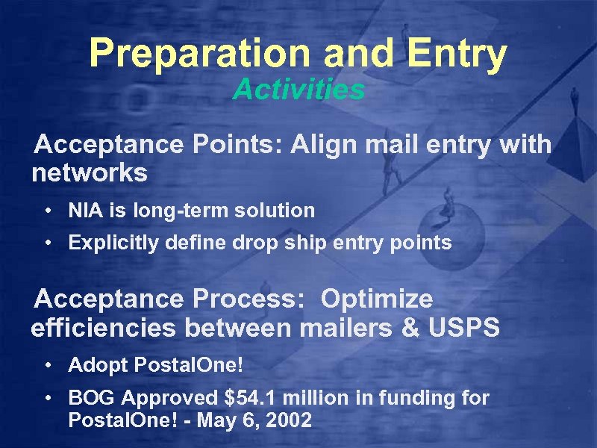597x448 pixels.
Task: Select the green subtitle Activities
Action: pyautogui.click(x=298, y=90)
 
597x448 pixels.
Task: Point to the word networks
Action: pyautogui.click(x=90, y=174)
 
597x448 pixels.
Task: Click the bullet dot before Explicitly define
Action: pyautogui.click(x=47, y=243)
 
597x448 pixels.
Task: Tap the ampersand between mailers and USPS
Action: pyautogui.click(x=407, y=329)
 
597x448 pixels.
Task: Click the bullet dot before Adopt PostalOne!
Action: pyautogui.click(x=47, y=367)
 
